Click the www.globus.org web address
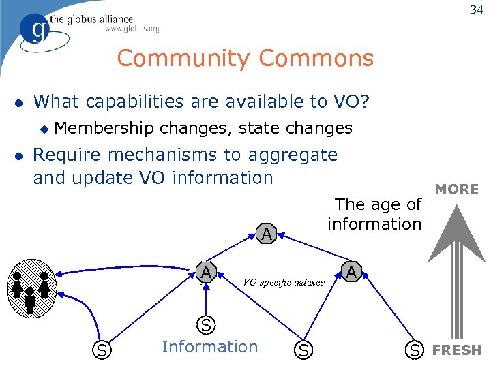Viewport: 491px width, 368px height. [132, 29]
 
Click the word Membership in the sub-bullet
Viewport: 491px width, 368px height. [104, 127]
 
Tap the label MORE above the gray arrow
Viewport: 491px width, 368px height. [457, 189]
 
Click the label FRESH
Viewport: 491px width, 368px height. [457, 350]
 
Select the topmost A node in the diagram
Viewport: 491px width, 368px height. [267, 234]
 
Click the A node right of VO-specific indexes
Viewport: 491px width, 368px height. [351, 273]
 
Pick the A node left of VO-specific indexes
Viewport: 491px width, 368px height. [205, 273]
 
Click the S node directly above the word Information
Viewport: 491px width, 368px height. [205, 323]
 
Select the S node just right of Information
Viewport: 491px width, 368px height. [304, 350]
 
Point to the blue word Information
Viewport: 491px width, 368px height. [210, 347]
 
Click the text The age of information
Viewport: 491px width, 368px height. [374, 214]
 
